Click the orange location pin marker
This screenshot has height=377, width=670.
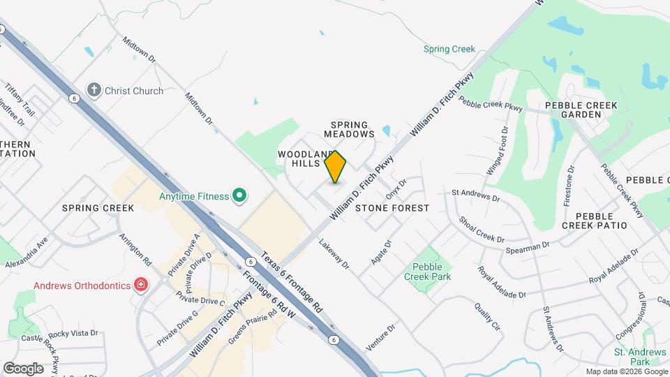[x=336, y=166]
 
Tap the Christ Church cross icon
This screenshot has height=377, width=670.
[x=94, y=90]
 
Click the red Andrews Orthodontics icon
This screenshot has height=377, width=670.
[x=141, y=285]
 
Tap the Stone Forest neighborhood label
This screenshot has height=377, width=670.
[x=392, y=208]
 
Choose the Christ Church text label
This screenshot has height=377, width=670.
[x=134, y=91]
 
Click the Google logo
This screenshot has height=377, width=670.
[x=23, y=369]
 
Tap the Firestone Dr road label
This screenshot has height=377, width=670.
[x=568, y=186]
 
